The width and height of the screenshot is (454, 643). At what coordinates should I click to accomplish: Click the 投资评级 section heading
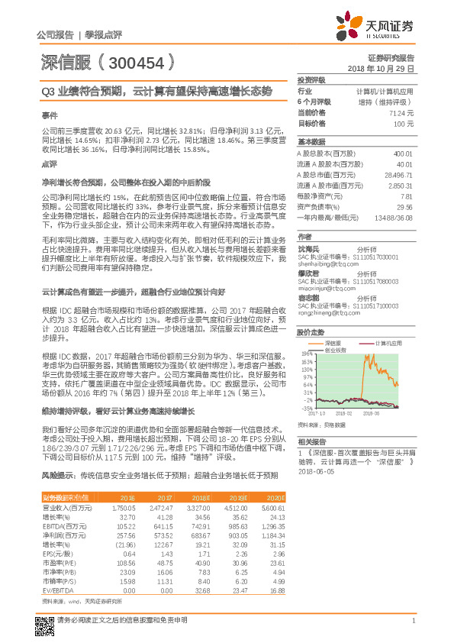pyautogui.click(x=311, y=79)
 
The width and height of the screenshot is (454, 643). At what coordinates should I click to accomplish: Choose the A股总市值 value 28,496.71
pyautogui.click(x=399, y=175)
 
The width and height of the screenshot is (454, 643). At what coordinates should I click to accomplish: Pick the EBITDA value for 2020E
pyautogui.click(x=403, y=527)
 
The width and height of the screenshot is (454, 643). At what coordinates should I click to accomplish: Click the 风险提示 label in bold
pyautogui.click(x=58, y=475)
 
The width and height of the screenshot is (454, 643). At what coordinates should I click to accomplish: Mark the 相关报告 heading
pyautogui.click(x=311, y=442)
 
